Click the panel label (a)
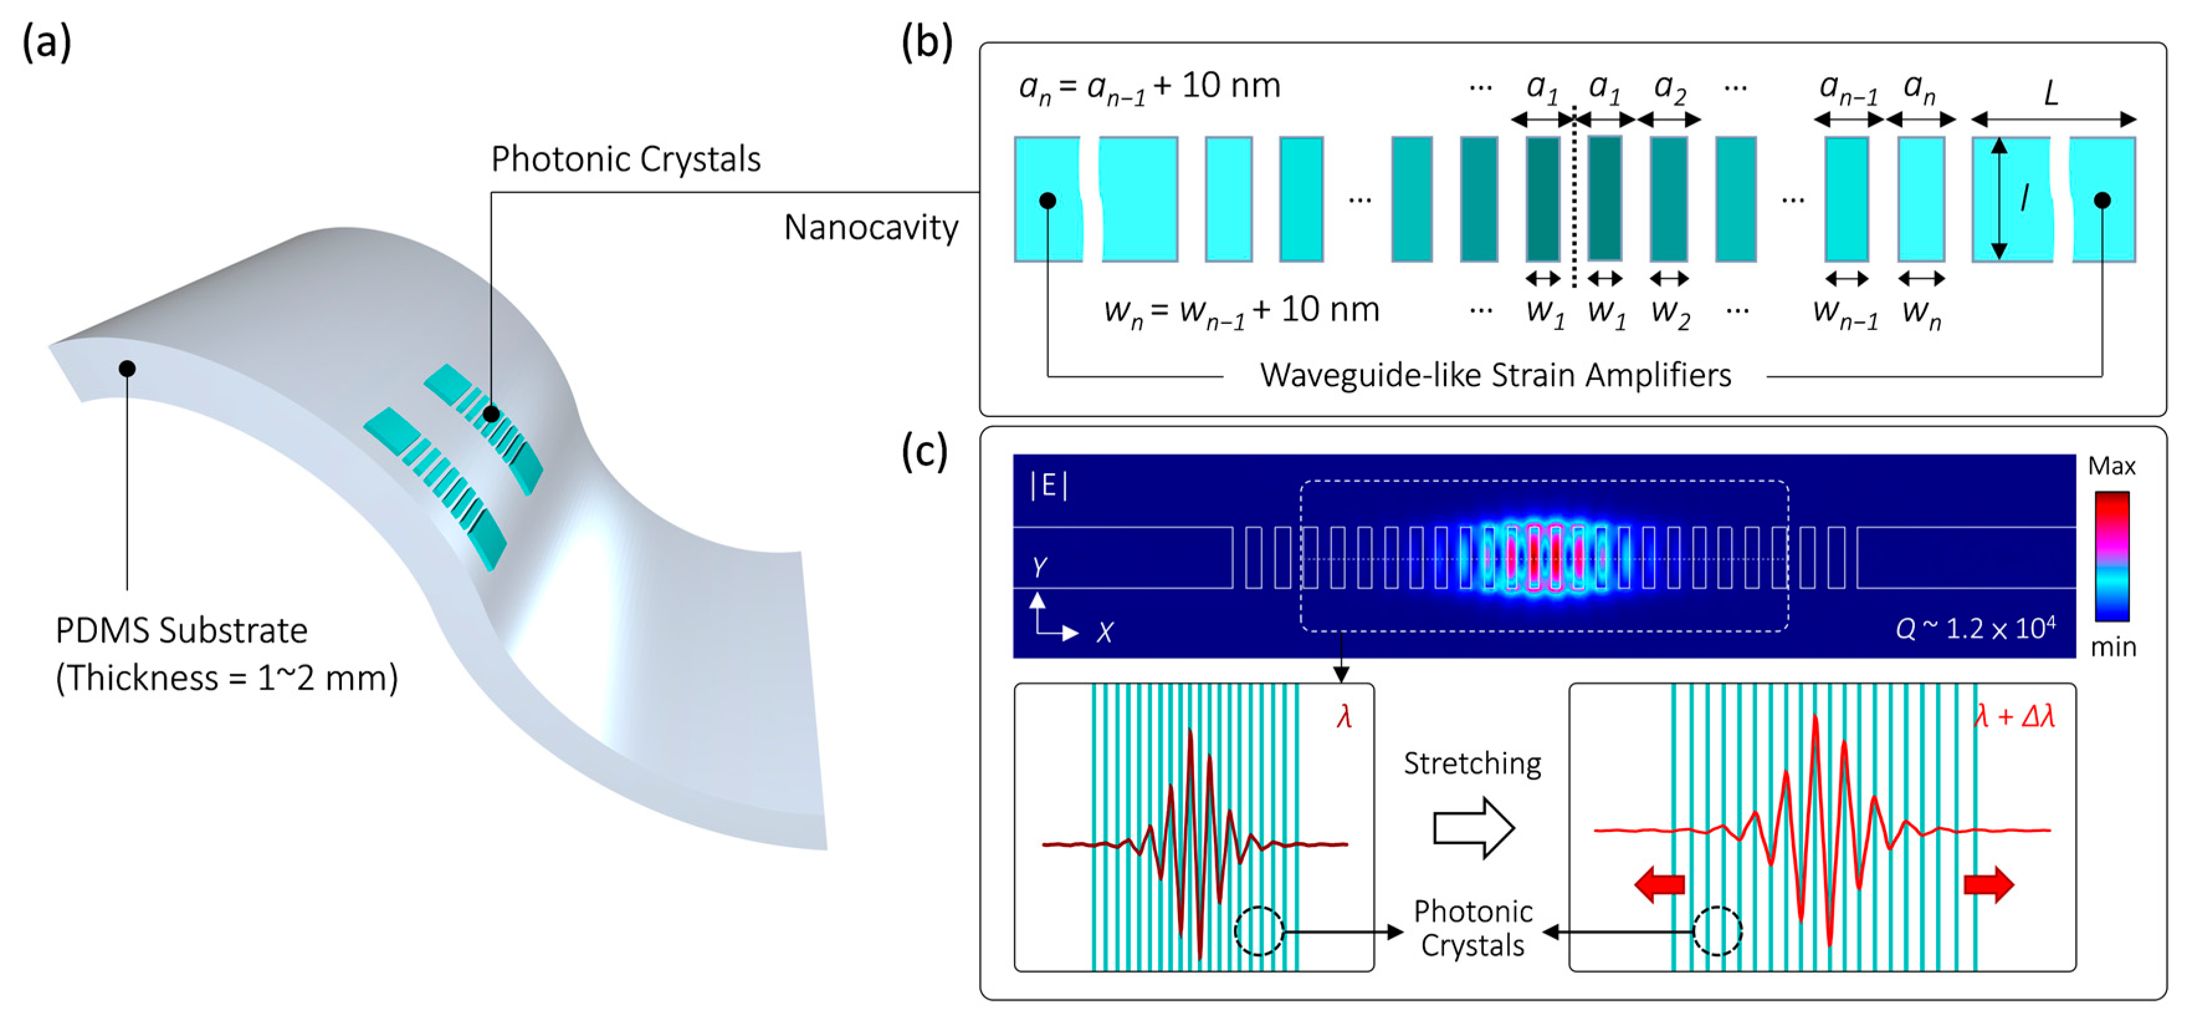pyautogui.click(x=46, y=42)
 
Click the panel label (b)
pyautogui.click(x=926, y=42)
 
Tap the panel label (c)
pyautogui.click(x=924, y=451)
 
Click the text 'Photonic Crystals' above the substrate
pyautogui.click(x=626, y=159)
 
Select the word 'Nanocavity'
pyautogui.click(x=870, y=228)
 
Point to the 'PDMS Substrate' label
pyautogui.click(x=181, y=630)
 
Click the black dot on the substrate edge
pyautogui.click(x=127, y=369)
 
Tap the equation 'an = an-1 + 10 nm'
pyautogui.click(x=1149, y=87)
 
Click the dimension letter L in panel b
pyautogui.click(x=2051, y=93)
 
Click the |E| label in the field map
pyautogui.click(x=1048, y=485)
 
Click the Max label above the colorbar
pyautogui.click(x=2111, y=466)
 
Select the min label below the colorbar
pyautogui.click(x=2113, y=647)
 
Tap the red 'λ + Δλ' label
pyautogui.click(x=2013, y=717)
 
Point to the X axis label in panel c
pyautogui.click(x=1105, y=632)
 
